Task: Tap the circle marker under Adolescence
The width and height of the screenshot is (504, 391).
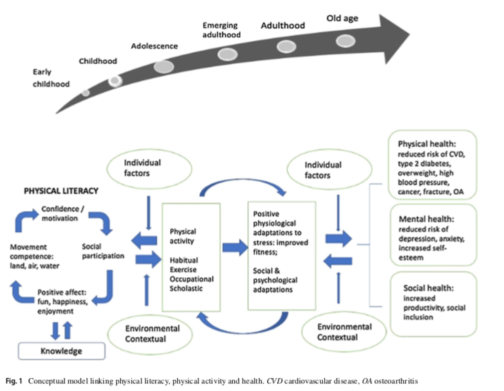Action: (x=163, y=67)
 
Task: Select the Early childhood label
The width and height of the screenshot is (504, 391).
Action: (x=51, y=78)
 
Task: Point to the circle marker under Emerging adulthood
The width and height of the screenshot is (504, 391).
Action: (x=228, y=52)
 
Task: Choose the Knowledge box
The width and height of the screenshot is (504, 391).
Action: (x=60, y=351)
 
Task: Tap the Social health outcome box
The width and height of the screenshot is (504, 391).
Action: (x=431, y=304)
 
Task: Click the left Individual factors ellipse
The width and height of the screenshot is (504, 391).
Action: (x=141, y=169)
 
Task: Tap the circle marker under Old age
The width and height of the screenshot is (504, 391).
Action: (x=346, y=40)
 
